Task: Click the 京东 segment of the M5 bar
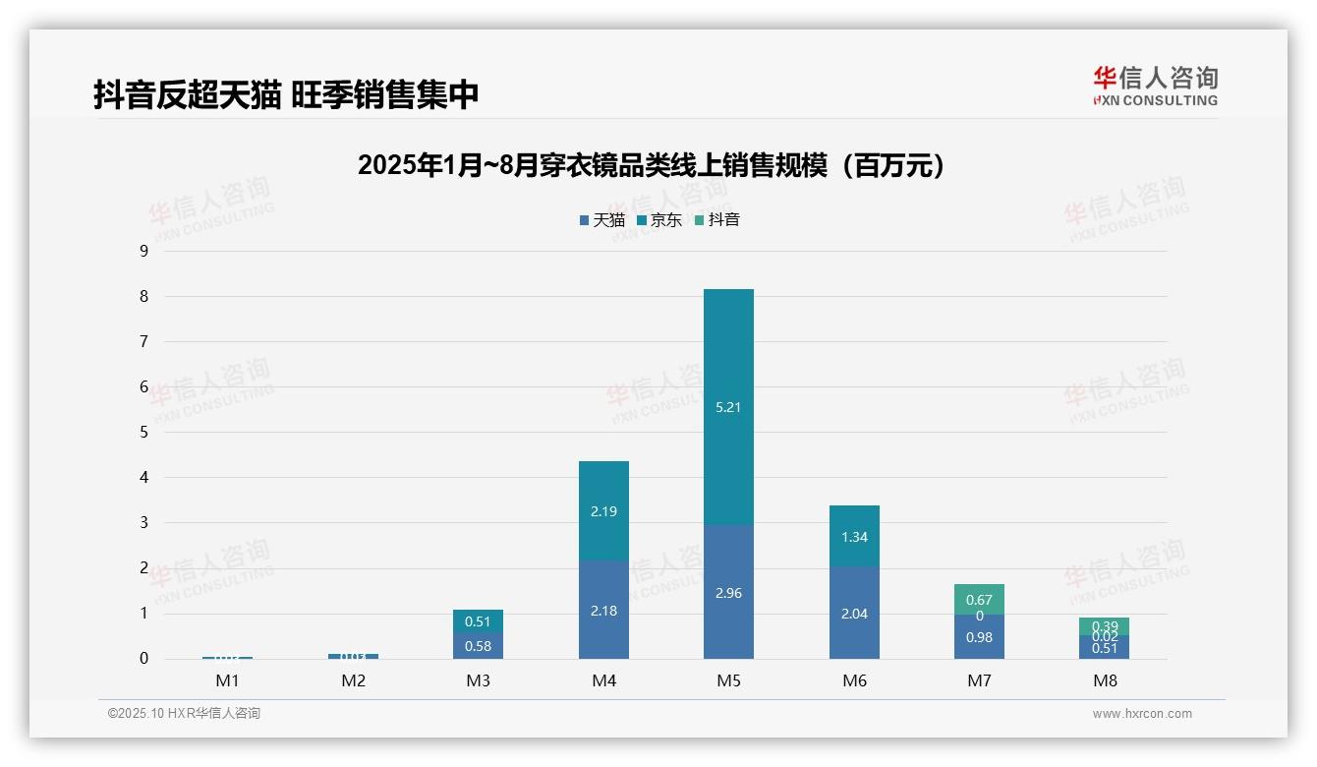(x=728, y=407)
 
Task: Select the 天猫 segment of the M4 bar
(x=603, y=610)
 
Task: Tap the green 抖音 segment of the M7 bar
(x=979, y=599)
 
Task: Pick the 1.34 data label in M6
(x=854, y=537)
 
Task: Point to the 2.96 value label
(x=728, y=593)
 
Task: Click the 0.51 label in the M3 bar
(x=478, y=621)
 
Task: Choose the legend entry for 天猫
(x=601, y=219)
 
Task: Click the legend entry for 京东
(x=658, y=219)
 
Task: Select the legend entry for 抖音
(x=716, y=219)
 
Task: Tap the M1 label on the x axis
(x=228, y=680)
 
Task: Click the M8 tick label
(x=1105, y=680)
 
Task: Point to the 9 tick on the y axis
(x=143, y=251)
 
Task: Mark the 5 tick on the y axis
(x=143, y=432)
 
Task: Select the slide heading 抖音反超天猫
(x=286, y=95)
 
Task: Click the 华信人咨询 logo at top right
(x=1155, y=86)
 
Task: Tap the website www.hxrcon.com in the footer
(x=1142, y=714)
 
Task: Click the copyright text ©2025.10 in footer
(x=184, y=714)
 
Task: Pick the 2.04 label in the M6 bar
(x=854, y=614)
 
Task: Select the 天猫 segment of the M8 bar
(x=1105, y=648)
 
